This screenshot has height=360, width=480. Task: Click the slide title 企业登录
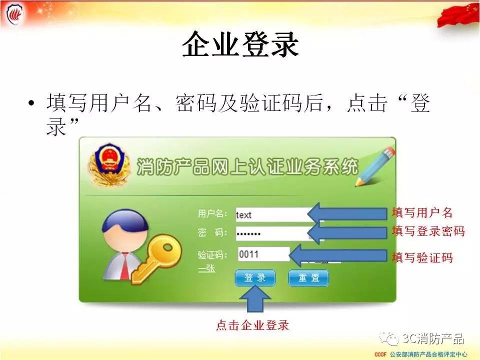(x=240, y=44)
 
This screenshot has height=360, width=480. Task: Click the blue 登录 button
(x=255, y=278)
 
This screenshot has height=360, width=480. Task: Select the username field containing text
(x=272, y=214)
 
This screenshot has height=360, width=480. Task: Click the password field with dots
(x=272, y=234)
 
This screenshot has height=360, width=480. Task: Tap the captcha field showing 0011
(x=264, y=254)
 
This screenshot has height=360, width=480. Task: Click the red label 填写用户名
(x=422, y=212)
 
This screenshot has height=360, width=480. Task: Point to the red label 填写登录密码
(x=428, y=231)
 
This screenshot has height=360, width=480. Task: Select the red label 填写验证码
(x=422, y=257)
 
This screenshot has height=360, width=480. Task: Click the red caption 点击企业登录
(x=252, y=325)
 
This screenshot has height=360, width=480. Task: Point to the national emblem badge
(x=108, y=164)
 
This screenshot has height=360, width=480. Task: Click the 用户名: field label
(x=212, y=213)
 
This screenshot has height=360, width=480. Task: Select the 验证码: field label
(x=212, y=255)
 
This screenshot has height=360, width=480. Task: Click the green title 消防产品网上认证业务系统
(x=247, y=167)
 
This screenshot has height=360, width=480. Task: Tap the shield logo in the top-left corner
(x=14, y=14)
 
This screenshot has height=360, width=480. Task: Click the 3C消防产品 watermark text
(x=433, y=338)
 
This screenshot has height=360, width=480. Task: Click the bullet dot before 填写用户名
(x=31, y=103)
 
